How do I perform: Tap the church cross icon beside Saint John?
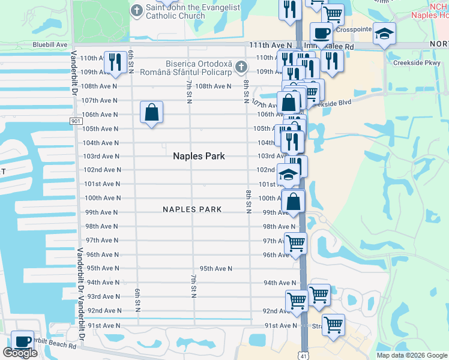click(137, 10)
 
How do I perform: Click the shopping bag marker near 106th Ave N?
click(152, 112)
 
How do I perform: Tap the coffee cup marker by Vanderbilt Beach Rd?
click(23, 341)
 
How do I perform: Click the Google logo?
click(20, 353)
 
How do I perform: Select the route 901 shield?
click(76, 121)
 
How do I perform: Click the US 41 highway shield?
click(304, 355)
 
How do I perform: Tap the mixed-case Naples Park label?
click(199, 156)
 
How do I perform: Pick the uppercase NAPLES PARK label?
click(192, 209)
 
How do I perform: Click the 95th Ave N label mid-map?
click(216, 268)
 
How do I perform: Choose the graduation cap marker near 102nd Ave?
click(288, 174)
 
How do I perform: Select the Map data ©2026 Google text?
click(412, 355)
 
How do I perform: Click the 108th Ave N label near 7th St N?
click(213, 86)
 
